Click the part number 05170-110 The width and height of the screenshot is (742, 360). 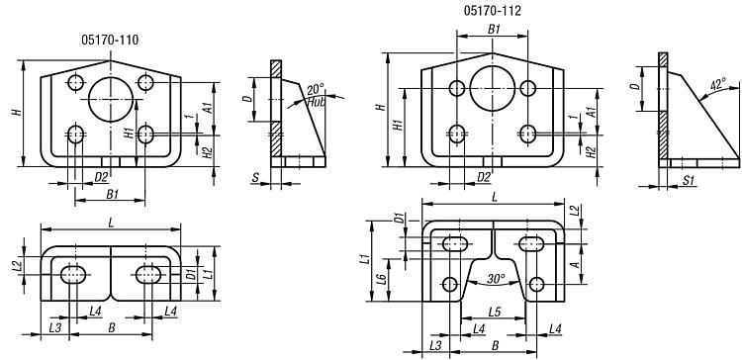click(110, 41)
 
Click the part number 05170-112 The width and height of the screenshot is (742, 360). click(492, 11)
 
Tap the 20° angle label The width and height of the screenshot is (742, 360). click(316, 89)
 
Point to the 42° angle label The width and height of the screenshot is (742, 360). click(718, 85)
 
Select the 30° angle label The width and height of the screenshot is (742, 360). click(496, 279)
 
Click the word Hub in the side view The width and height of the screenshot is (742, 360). click(317, 101)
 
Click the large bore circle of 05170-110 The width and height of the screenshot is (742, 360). click(111, 99)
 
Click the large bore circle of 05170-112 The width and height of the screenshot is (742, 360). click(492, 88)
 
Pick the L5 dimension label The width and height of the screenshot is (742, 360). click(494, 313)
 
